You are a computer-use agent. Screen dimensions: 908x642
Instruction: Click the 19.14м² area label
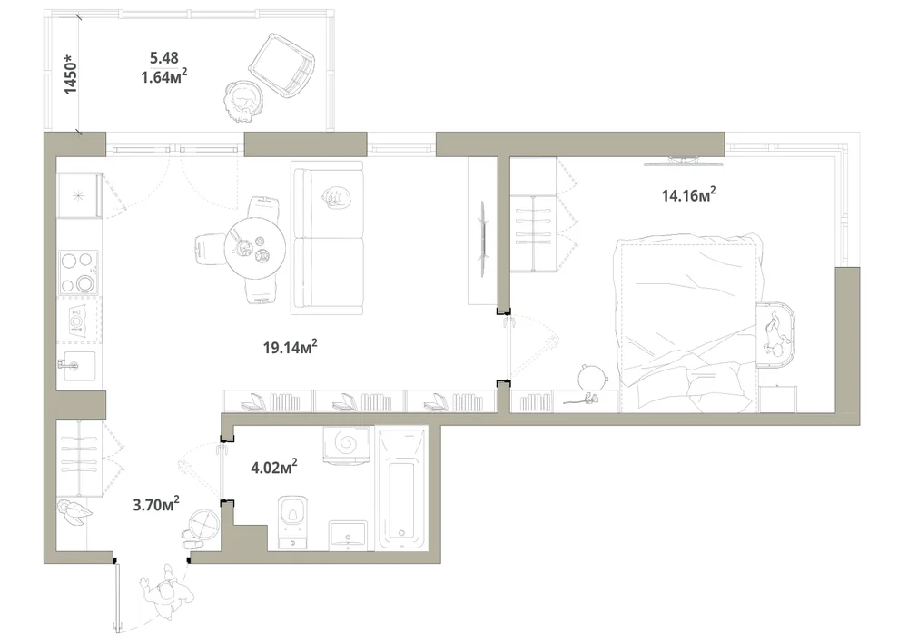(x=291, y=347)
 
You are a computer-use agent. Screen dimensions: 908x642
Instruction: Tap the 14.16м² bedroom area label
(x=688, y=194)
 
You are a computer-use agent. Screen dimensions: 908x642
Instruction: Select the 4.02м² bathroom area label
(x=274, y=466)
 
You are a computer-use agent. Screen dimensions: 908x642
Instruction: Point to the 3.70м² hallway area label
(x=156, y=504)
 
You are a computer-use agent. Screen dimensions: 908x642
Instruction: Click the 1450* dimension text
(x=70, y=74)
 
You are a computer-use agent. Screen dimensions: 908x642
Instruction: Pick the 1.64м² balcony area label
(x=163, y=76)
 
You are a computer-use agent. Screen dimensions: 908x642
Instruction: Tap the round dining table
(x=255, y=249)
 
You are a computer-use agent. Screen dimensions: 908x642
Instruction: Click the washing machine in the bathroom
(x=346, y=445)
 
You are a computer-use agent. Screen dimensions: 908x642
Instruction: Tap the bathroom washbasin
(x=348, y=535)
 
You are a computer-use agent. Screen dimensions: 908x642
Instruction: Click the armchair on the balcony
(x=282, y=64)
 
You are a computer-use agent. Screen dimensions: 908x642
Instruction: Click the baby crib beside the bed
(x=775, y=334)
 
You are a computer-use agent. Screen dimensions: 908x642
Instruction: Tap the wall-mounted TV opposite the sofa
(x=482, y=237)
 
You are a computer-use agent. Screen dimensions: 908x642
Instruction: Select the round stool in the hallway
(x=205, y=522)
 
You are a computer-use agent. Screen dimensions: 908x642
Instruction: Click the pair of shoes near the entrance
(x=191, y=539)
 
